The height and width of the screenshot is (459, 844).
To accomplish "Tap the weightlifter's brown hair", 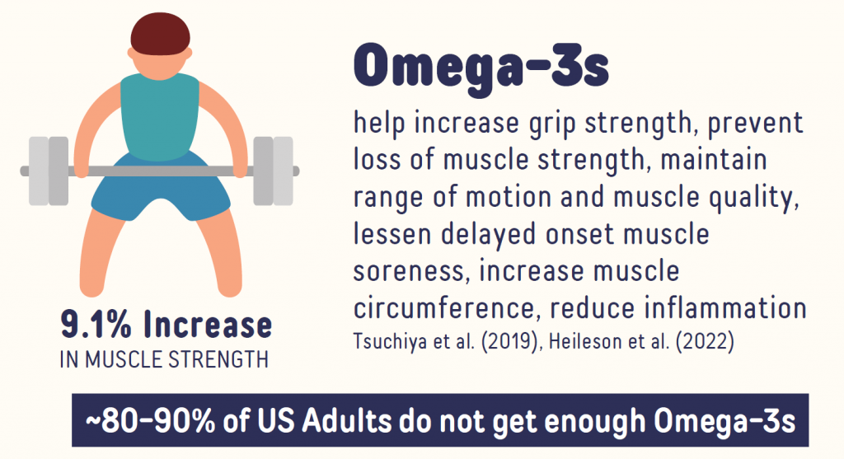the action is (x=161, y=34).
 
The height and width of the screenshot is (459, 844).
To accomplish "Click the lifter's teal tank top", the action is (x=160, y=116).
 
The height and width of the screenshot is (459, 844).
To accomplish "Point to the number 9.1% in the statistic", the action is (x=96, y=325).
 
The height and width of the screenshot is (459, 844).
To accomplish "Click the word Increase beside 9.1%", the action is (x=208, y=325).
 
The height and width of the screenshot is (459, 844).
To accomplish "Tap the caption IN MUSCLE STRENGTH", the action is (x=164, y=359).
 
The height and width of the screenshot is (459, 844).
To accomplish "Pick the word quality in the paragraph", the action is (x=753, y=198).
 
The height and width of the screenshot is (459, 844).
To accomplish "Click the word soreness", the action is (x=409, y=272).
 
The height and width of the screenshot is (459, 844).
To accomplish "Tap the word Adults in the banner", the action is (x=347, y=420).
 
